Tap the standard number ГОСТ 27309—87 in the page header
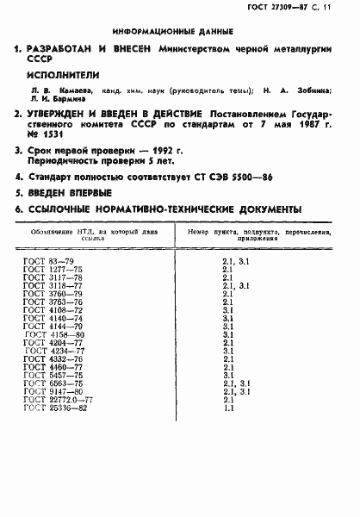coord(282,7)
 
